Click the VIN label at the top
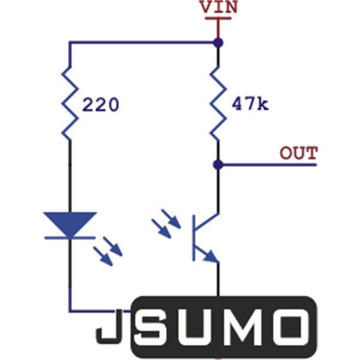pos(218,7)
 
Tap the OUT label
pos(299,153)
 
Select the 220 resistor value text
pos(101,104)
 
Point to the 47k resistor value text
pos(250,104)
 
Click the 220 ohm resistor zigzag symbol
pos(70,104)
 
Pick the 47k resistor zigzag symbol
pos(218,104)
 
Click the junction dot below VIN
pos(218,43)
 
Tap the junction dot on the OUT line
pos(218,164)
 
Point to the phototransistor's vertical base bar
pos(194,238)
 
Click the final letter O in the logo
pos(290,327)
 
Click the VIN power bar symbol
pos(218,18)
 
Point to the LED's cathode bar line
pos(70,238)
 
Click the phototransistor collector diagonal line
pos(206,221)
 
